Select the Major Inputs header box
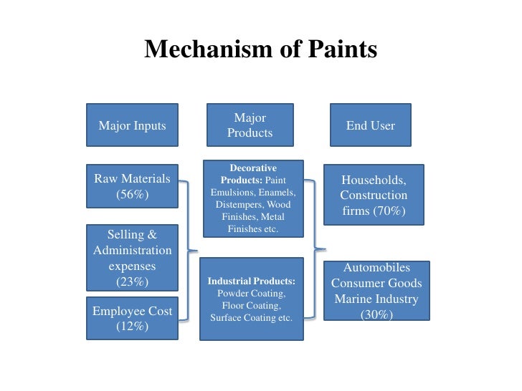(x=132, y=125)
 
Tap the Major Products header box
(x=250, y=125)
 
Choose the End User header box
(x=371, y=125)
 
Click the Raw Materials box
(x=132, y=185)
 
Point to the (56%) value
(x=132, y=194)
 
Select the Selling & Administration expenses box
(x=132, y=257)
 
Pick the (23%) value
(x=132, y=282)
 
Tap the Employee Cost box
(x=132, y=318)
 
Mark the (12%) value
(x=132, y=327)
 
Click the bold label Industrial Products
(x=251, y=281)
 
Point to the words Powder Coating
(x=251, y=294)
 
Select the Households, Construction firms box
(x=374, y=195)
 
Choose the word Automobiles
(x=376, y=267)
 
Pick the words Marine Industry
(x=376, y=299)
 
